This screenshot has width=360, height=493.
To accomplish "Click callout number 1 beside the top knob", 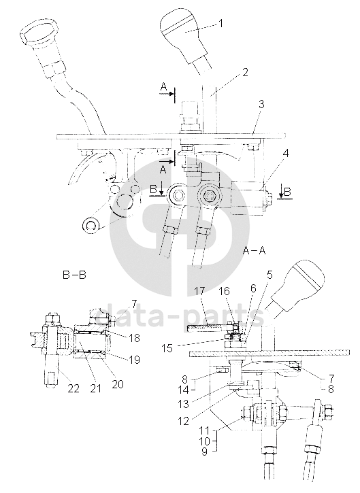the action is pos(220,24).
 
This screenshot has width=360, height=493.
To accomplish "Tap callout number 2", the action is pos(245,72).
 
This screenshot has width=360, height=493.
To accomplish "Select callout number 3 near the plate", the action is pos(261,105).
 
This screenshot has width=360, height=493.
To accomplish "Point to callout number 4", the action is pos(285,154).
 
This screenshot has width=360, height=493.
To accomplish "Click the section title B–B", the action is pos(74,275).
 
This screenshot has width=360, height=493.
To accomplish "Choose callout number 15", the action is pos(167,348).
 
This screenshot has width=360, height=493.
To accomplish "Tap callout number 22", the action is pos(74,388).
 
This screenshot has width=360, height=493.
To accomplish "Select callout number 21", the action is pos(95,388).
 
